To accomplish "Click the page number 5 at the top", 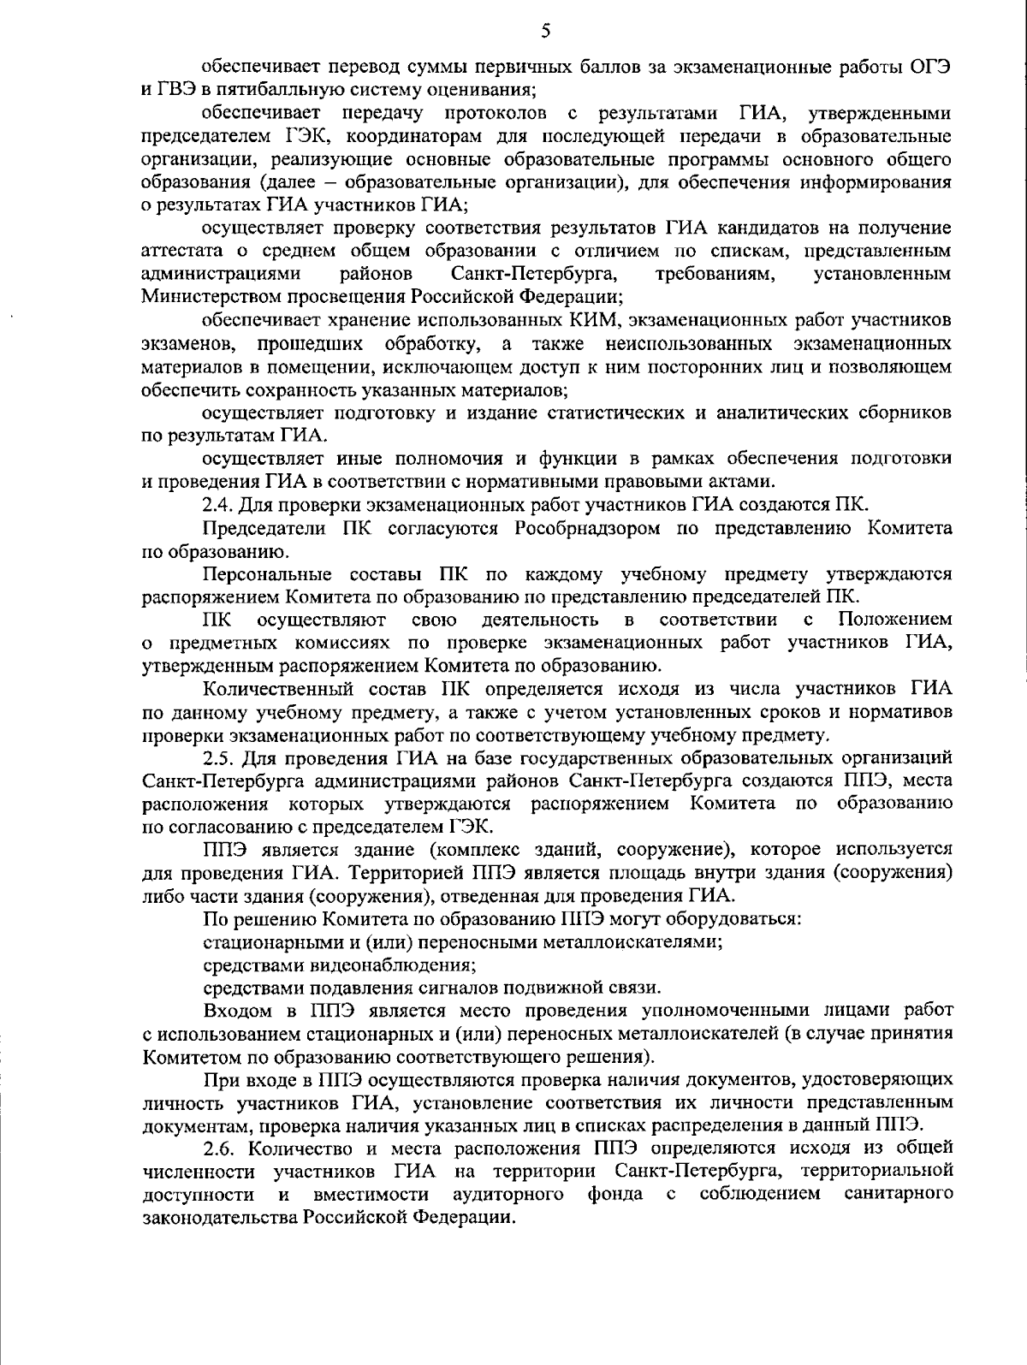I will (546, 32).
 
